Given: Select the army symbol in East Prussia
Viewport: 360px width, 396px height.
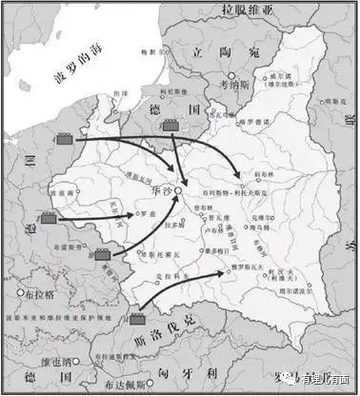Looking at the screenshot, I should [x=171, y=125].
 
